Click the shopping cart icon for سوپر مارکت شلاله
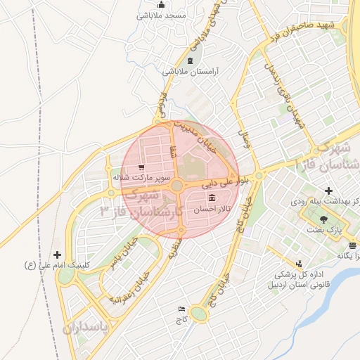tap(142, 168)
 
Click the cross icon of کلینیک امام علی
tap(57, 255)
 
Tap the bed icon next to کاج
tap(182, 309)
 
